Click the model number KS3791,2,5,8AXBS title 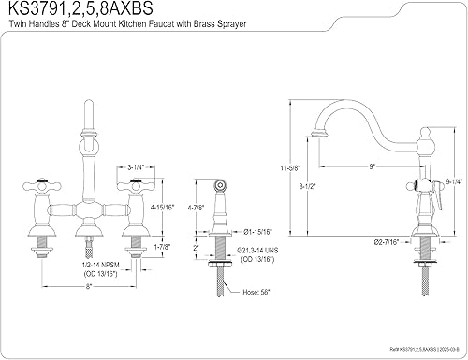(x=80, y=8)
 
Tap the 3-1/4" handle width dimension (x=136, y=167)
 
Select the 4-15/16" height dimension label (x=162, y=207)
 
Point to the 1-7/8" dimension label (x=162, y=247)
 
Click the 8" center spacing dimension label (x=89, y=286)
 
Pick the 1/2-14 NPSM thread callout (x=100, y=265)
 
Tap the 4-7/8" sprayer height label (x=197, y=207)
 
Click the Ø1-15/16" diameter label (x=257, y=232)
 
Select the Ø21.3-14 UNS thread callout (x=257, y=251)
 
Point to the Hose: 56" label (x=256, y=292)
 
